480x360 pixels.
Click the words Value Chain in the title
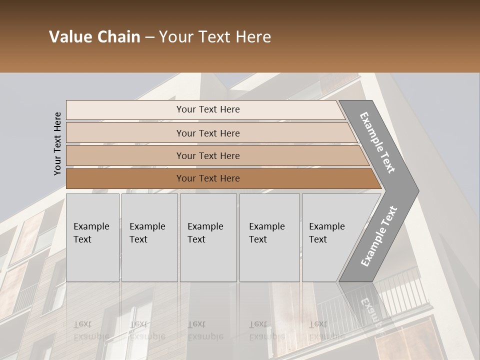point(94,37)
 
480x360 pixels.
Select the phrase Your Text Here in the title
point(215,37)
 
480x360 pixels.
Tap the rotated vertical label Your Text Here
point(57,144)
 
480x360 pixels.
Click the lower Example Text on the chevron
point(379,236)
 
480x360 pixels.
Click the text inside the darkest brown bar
point(208,178)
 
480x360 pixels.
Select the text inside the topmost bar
point(208,109)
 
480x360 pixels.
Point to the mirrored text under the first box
point(91,330)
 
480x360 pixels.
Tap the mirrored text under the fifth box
point(326,330)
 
